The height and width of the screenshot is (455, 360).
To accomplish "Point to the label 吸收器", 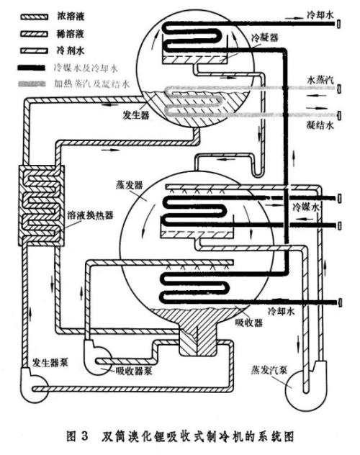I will click(248, 322).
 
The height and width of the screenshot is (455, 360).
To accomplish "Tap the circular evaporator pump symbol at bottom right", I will click(302, 392).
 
